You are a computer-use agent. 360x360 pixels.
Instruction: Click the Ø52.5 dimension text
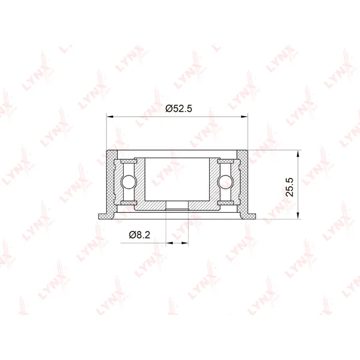[x=178, y=108]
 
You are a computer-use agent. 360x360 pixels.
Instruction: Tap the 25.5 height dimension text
[x=290, y=187]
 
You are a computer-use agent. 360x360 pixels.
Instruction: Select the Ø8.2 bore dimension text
[x=139, y=234]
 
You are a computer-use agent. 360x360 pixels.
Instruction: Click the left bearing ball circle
[x=129, y=182]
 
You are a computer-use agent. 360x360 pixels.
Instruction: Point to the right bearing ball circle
[x=225, y=182]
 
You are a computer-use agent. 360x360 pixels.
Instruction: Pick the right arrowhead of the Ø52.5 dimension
[x=244, y=117]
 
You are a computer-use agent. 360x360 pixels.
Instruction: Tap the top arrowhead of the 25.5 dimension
[x=298, y=154]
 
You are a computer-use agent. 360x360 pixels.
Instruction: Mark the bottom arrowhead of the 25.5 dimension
[x=298, y=215]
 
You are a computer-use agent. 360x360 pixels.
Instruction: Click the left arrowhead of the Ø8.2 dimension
[x=169, y=243]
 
